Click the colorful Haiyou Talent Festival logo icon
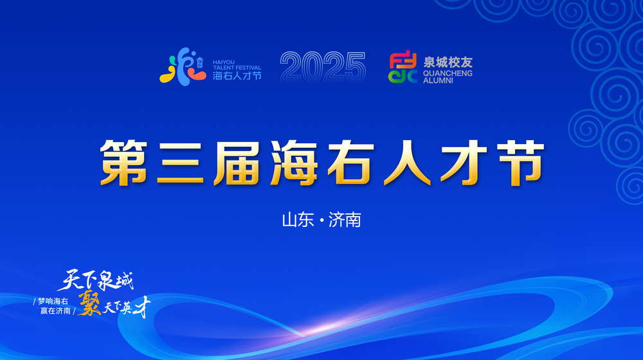coord(183,66)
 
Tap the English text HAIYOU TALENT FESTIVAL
coord(237,65)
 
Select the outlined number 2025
coord(323,66)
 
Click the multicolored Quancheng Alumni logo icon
coord(403,67)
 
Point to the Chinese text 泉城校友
coord(448,62)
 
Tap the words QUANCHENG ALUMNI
coord(448,77)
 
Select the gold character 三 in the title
coord(181,163)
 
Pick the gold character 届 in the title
coord(237,163)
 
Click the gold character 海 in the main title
coord(294,163)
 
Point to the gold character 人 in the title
coord(407,163)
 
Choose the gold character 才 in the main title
coord(464,163)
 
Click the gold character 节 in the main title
coord(521,163)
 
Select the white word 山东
coord(298,221)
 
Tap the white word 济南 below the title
coord(345,221)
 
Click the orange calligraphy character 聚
coord(89,303)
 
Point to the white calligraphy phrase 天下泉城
coord(96,280)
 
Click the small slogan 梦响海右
coord(53,301)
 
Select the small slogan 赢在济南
coord(55,310)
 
